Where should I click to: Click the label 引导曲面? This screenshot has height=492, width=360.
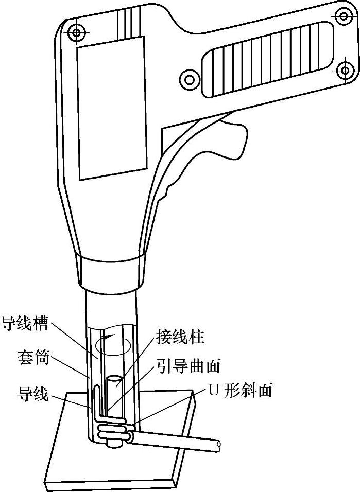[189, 366]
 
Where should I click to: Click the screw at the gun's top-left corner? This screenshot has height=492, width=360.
[77, 33]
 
